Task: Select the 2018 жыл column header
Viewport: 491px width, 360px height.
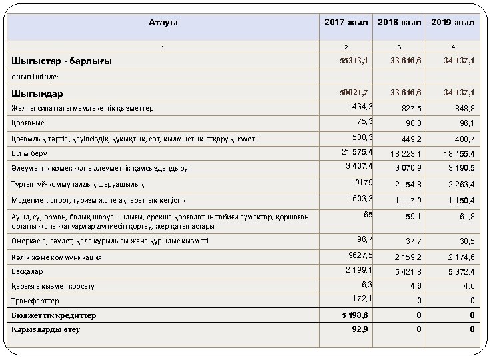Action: [x=400, y=23]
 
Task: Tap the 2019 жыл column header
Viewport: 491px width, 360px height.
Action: [x=453, y=23]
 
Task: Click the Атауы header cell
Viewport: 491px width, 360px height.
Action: [x=163, y=23]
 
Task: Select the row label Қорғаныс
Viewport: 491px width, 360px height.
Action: [x=28, y=123]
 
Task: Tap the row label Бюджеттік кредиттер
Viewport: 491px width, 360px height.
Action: [x=54, y=315]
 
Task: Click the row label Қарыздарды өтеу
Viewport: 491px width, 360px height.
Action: [x=46, y=329]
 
